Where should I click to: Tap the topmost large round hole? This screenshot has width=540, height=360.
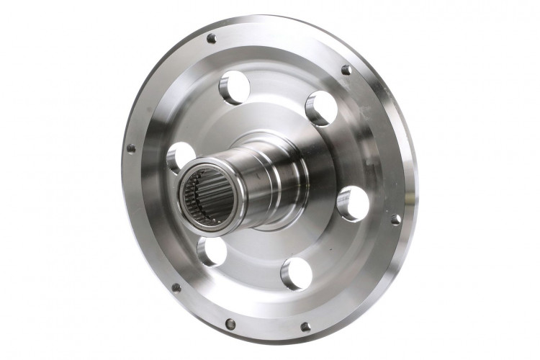234,88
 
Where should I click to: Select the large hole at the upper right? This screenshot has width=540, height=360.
320,107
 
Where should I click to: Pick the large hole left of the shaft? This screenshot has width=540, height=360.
180,158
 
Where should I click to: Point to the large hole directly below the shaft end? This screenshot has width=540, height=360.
210,250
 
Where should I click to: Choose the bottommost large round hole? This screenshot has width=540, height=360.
296,274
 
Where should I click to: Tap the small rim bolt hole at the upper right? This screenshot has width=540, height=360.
346,70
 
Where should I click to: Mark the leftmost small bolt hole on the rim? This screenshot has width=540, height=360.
131,149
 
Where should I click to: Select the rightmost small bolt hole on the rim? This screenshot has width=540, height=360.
395,219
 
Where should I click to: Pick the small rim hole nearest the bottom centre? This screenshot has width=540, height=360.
230,323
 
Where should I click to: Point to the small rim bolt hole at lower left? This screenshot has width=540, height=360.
176,287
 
